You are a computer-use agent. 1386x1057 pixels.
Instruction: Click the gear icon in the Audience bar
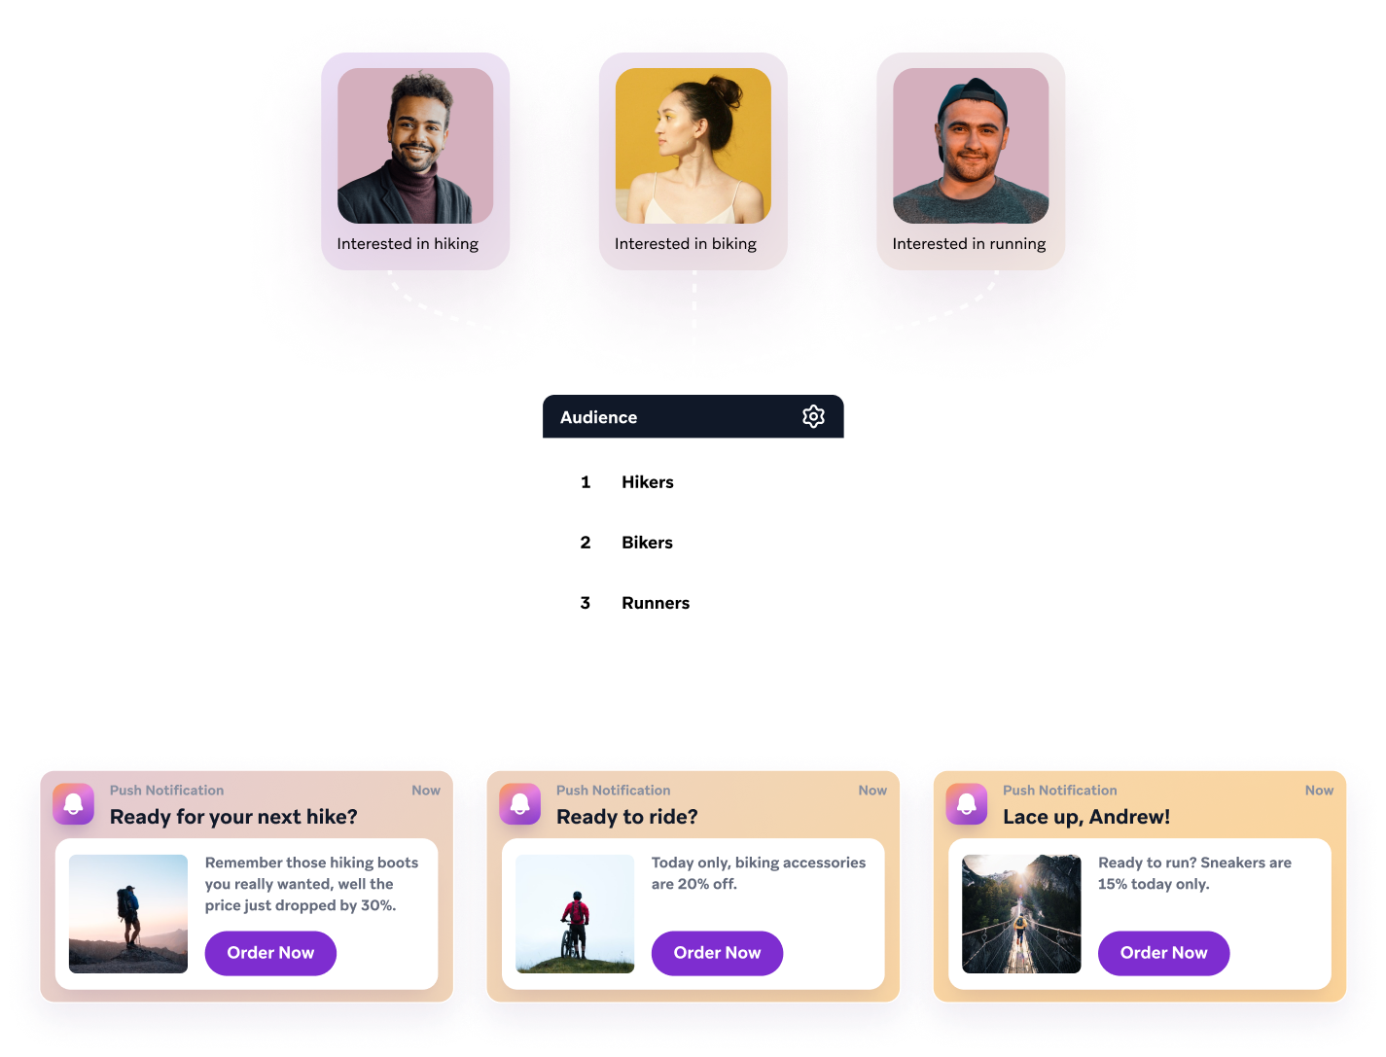[x=813, y=416]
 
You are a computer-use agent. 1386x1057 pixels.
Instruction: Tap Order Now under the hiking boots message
[x=270, y=953]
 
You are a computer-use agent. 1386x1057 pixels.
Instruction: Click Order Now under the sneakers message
[x=1163, y=953]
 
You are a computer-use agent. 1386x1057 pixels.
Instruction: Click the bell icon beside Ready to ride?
[x=519, y=804]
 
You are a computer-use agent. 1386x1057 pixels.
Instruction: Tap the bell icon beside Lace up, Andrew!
[x=966, y=804]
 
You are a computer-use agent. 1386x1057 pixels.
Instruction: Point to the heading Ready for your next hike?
[x=233, y=817]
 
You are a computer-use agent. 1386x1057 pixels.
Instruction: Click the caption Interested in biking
[x=685, y=243]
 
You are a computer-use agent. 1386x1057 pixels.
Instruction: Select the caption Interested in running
[x=969, y=243]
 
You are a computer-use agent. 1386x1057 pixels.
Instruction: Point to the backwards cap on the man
[x=973, y=101]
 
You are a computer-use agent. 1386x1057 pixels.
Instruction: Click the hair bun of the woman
[x=725, y=91]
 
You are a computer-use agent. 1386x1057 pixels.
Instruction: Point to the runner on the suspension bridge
[x=1019, y=928]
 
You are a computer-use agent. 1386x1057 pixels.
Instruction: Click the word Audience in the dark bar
[x=598, y=417]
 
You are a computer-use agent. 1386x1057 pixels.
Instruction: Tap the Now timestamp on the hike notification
[x=426, y=790]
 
